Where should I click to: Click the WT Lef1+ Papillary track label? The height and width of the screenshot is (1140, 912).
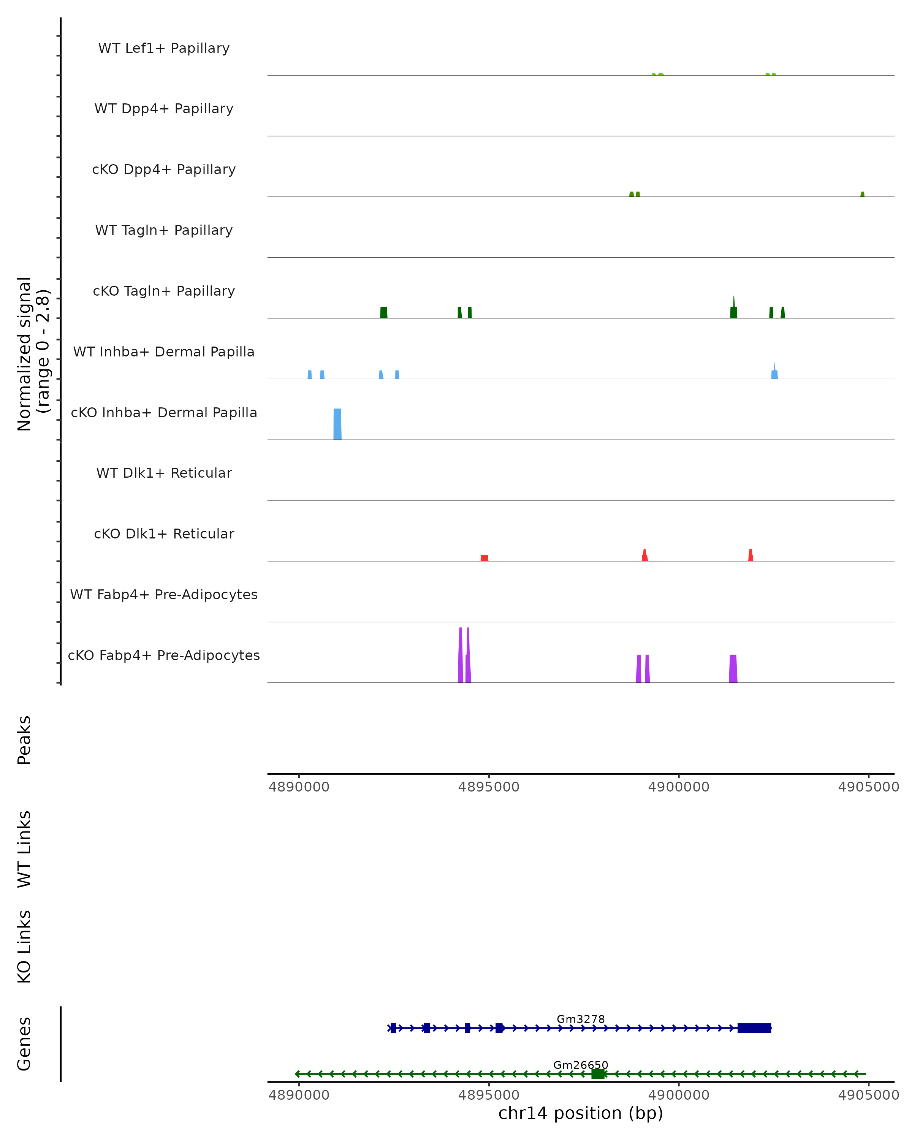click(164, 48)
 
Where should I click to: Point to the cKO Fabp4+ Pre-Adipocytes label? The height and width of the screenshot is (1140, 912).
click(164, 655)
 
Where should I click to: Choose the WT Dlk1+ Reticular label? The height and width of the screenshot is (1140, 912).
click(164, 473)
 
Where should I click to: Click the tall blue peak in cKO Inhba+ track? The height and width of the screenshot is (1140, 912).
click(337, 424)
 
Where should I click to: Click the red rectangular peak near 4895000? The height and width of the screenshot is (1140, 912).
click(484, 558)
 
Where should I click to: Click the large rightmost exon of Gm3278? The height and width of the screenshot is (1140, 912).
click(754, 1028)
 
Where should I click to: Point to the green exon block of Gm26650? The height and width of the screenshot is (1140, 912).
click(598, 1074)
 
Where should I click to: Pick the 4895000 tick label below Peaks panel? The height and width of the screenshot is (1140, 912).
click(489, 787)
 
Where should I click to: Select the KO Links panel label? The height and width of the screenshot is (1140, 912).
click(24, 947)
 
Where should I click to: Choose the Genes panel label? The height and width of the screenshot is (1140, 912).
click(24, 1044)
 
